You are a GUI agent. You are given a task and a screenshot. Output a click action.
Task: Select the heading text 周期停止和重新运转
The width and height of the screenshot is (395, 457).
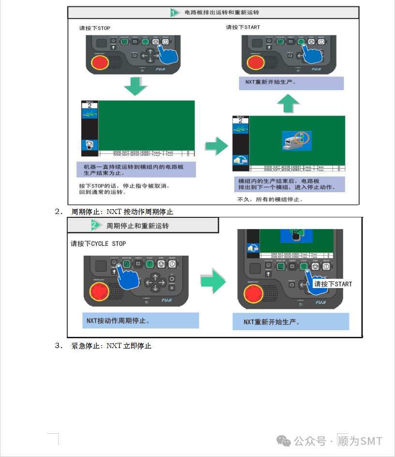pos(137,226)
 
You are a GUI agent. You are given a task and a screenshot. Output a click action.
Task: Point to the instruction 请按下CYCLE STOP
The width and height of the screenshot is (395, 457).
pos(98,244)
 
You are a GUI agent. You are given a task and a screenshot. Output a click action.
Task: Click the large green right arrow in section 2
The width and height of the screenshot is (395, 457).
pos(213,283)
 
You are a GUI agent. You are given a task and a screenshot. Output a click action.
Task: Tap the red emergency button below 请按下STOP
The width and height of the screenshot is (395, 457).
pos(100,63)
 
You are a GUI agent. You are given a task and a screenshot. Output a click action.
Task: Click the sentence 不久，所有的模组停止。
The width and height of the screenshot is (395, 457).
pos(270,199)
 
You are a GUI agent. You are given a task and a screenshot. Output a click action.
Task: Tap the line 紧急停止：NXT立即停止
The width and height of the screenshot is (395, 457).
pos(111,346)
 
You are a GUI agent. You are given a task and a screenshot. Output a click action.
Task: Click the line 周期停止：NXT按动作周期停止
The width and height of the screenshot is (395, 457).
pos(122,212)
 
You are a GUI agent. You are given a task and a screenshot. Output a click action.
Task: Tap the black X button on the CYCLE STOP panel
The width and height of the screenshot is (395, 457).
pos(171,288)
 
